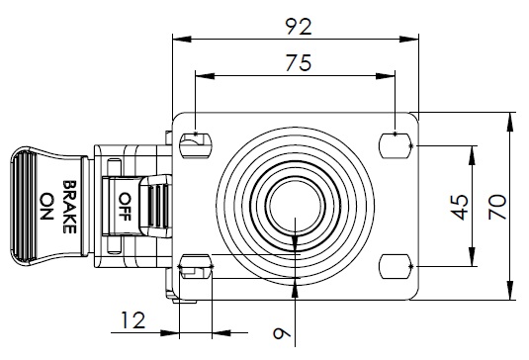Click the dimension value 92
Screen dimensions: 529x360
point(299,27)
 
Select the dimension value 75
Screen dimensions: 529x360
point(299,62)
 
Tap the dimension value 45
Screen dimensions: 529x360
point(460,208)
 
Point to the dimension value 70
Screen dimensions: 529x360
point(497,207)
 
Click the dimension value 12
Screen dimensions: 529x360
point(133,320)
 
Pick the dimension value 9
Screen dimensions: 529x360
point(282,333)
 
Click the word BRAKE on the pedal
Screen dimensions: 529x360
point(69,207)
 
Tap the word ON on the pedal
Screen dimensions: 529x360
point(46,206)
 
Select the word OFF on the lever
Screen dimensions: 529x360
point(125,207)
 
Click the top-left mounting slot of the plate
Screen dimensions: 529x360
point(196,145)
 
